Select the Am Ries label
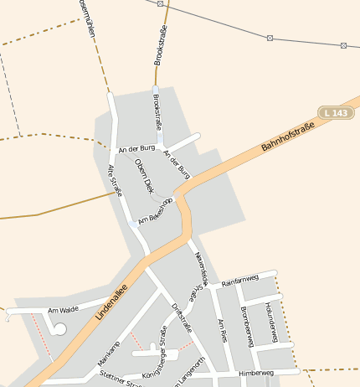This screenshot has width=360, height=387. [x=222, y=330]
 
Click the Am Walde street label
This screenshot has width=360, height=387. [x=63, y=310]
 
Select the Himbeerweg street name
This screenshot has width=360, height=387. [x=256, y=372]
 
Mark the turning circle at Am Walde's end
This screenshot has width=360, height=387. [x=59, y=329]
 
